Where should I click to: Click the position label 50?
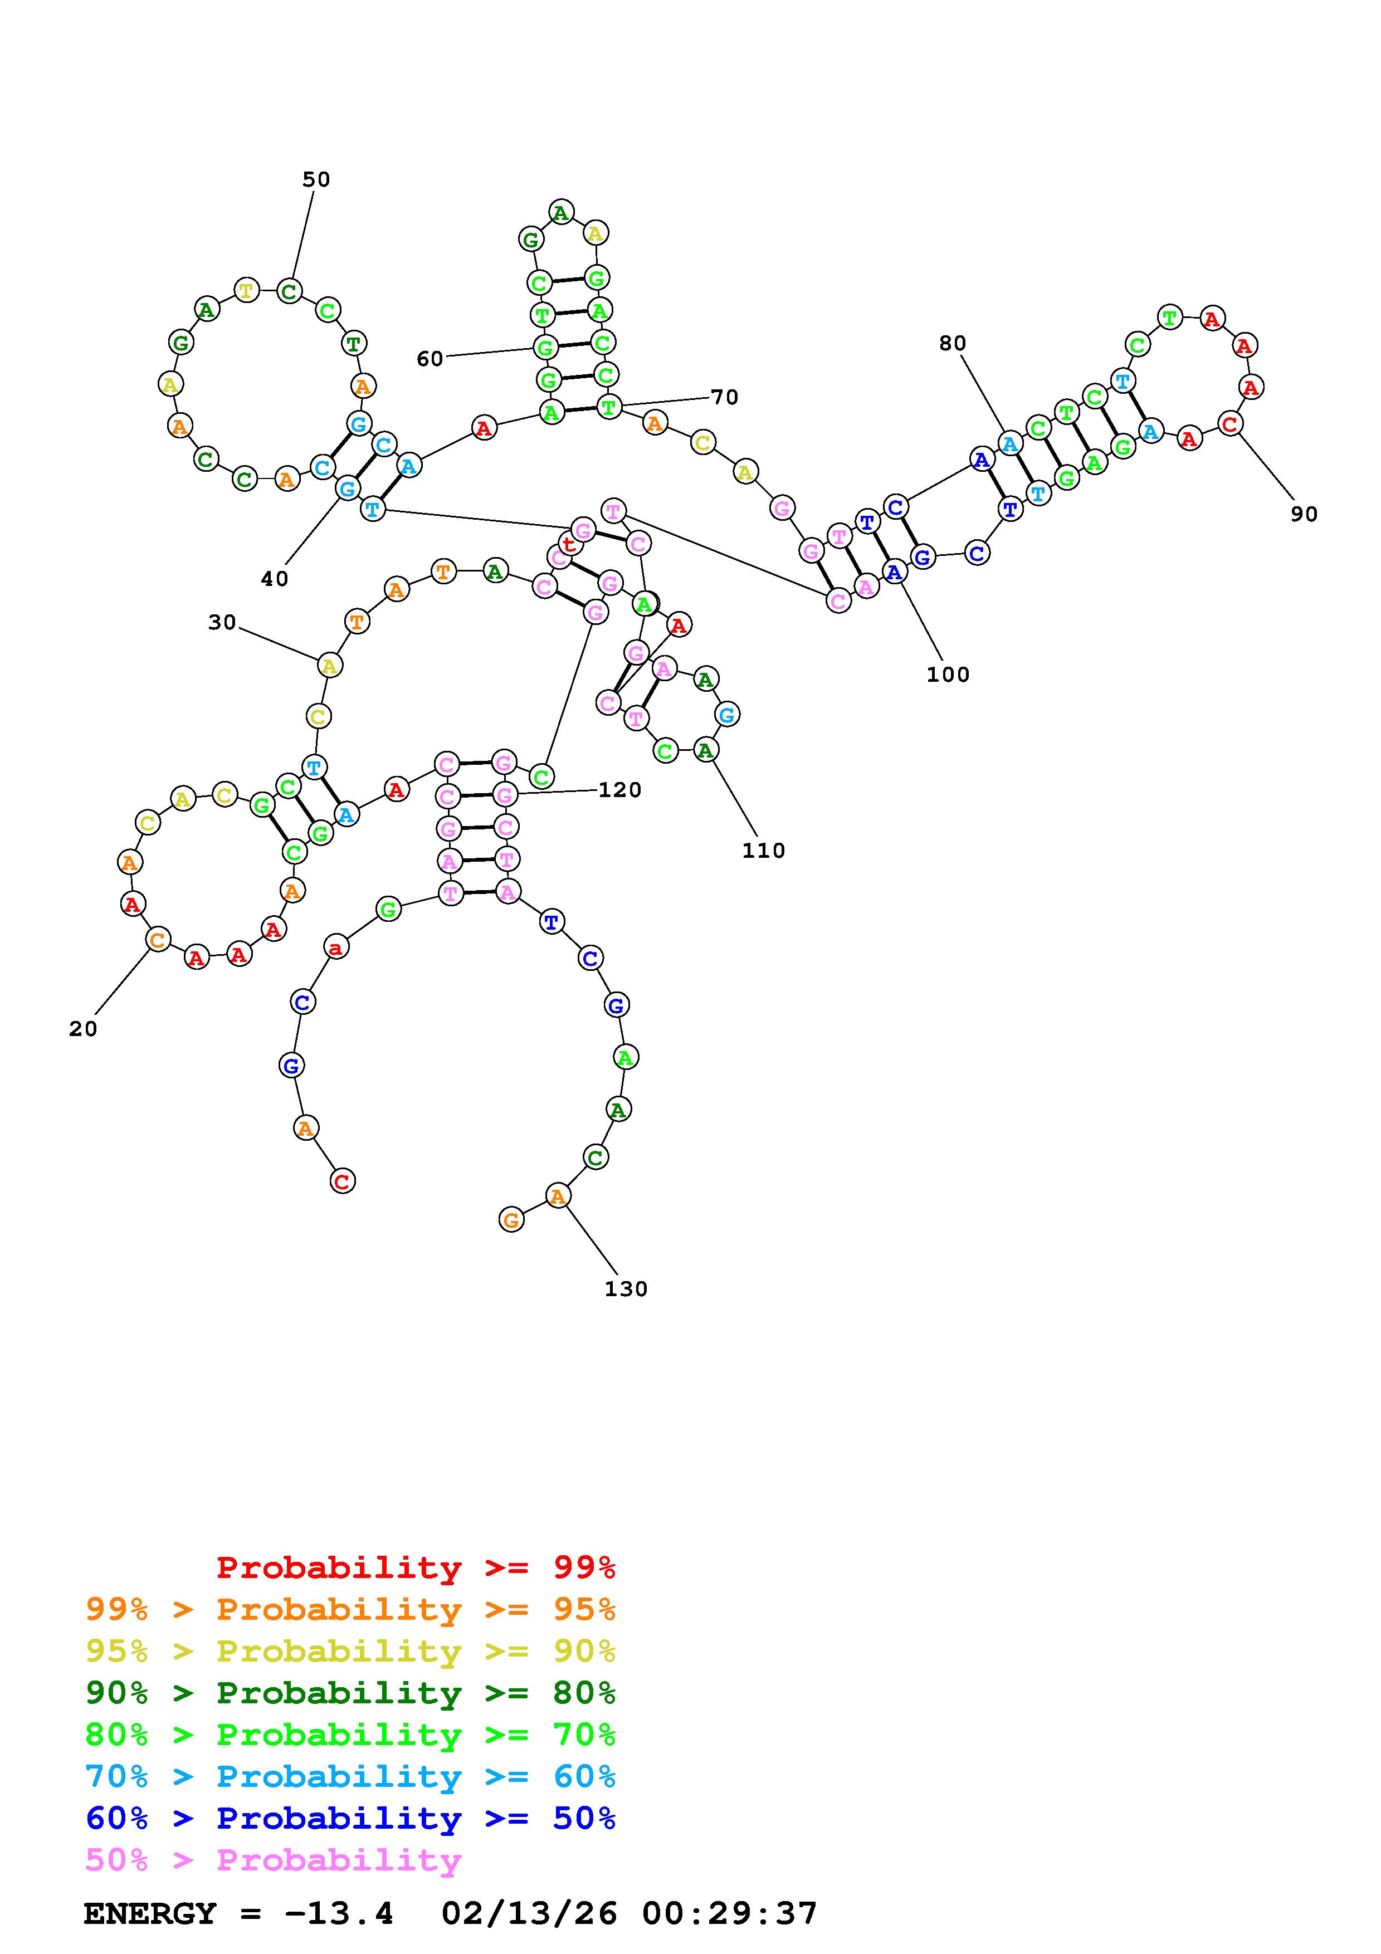(x=316, y=179)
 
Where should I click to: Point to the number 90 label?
(x=1304, y=514)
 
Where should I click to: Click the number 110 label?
(x=763, y=850)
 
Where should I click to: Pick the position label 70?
(x=724, y=397)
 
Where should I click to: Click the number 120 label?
(x=619, y=790)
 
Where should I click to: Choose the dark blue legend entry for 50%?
(x=350, y=1818)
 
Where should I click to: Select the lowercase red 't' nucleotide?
(x=568, y=544)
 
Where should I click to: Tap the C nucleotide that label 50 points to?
(x=289, y=291)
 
